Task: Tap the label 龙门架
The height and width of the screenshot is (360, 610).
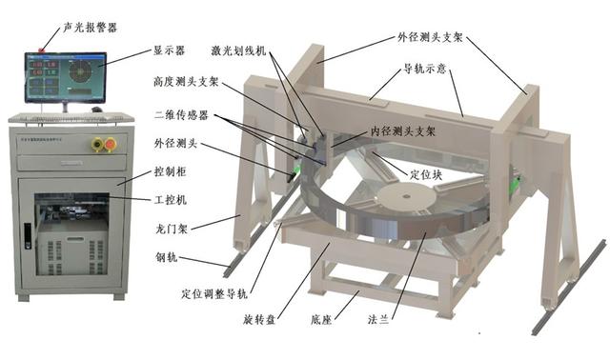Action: [x=173, y=230]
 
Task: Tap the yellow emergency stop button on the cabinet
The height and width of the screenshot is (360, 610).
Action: [x=95, y=143]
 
